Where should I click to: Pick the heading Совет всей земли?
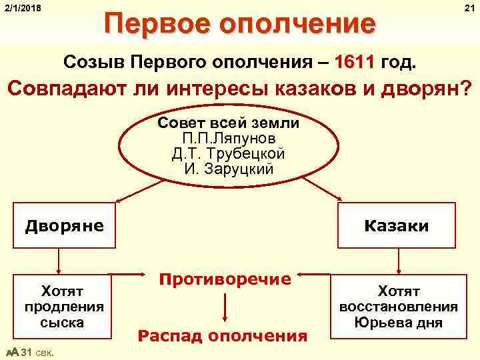229,124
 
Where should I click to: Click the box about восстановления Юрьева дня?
398,307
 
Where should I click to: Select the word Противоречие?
225,279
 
